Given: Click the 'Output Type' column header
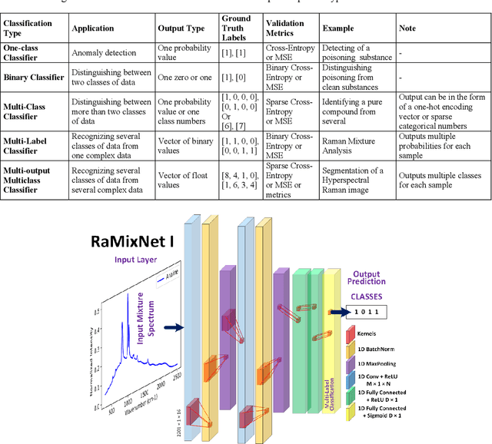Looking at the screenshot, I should [181, 28].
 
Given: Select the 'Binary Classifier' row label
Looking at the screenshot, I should [32, 78].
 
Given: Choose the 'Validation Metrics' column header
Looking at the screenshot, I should [286, 28].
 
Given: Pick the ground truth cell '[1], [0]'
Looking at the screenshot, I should [234, 78].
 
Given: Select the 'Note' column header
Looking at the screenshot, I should [408, 28].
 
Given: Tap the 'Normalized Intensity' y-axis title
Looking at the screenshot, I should [97, 338].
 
